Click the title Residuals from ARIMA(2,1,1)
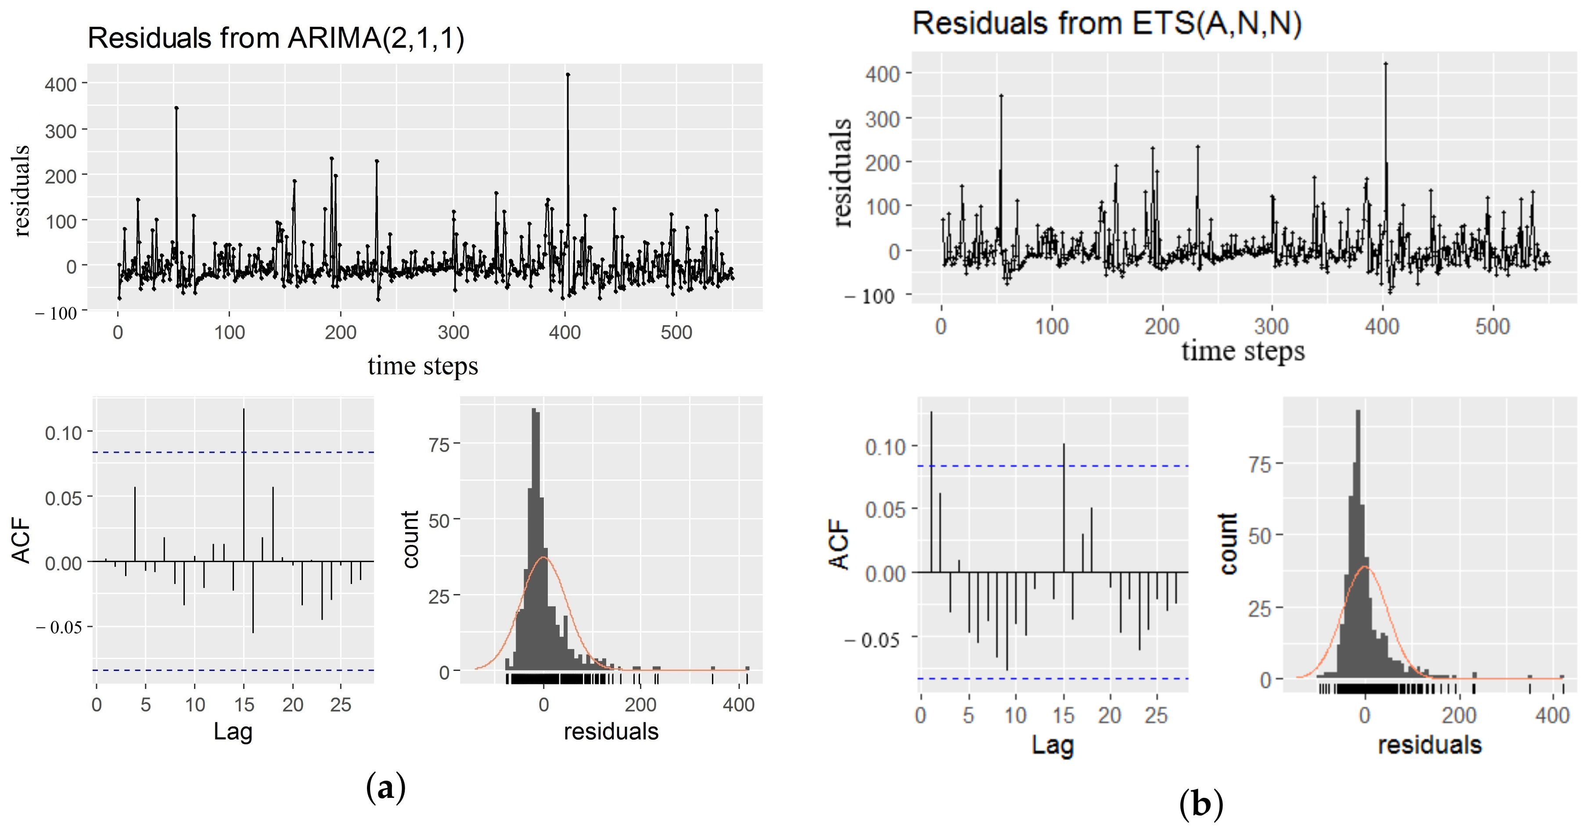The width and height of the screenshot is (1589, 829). (x=276, y=38)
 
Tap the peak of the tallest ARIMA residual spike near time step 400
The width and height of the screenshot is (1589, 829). (x=568, y=75)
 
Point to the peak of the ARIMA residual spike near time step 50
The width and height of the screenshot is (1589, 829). (x=176, y=108)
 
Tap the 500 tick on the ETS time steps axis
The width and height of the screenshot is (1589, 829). (x=1492, y=326)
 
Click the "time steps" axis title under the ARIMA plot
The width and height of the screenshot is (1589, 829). (x=423, y=366)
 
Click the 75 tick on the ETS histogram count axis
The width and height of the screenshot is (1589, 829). (x=1260, y=464)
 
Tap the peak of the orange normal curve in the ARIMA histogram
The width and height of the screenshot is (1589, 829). (x=543, y=558)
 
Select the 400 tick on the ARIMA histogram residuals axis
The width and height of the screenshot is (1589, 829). (x=738, y=704)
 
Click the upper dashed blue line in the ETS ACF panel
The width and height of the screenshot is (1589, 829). (x=1049, y=466)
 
